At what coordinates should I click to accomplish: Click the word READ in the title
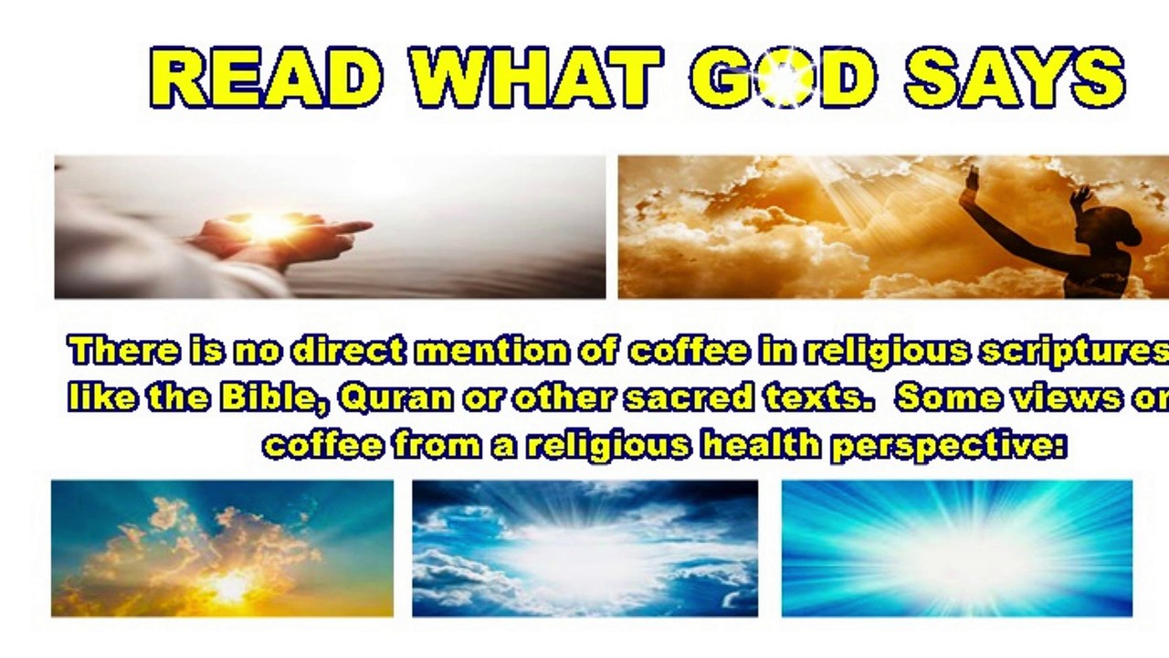pyautogui.click(x=266, y=78)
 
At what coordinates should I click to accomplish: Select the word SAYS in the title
pyautogui.click(x=1015, y=78)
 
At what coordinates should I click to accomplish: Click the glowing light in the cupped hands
pyautogui.click(x=269, y=226)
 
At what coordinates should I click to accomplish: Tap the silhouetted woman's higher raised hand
pyautogui.click(x=971, y=180)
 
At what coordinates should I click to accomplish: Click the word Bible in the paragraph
pyautogui.click(x=275, y=398)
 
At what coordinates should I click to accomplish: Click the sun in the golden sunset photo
pyautogui.click(x=228, y=588)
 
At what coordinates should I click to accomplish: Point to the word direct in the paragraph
pyautogui.click(x=347, y=350)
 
